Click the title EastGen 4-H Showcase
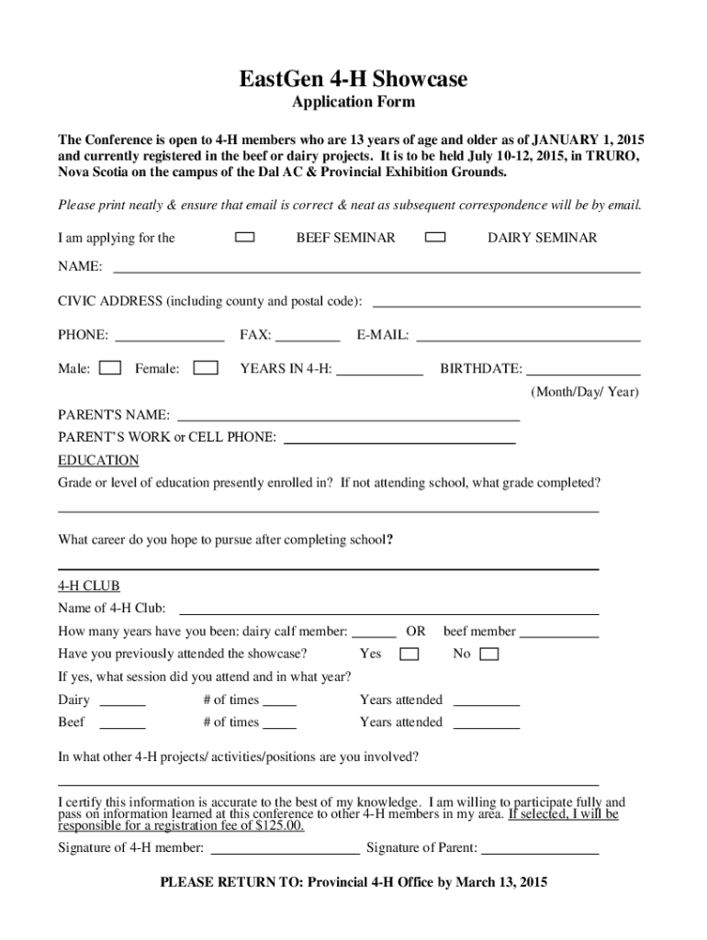pyautogui.click(x=353, y=80)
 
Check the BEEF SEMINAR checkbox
pyautogui.click(x=245, y=238)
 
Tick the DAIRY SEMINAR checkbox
pyautogui.click(x=436, y=238)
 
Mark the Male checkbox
pyautogui.click(x=110, y=369)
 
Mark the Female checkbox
pyautogui.click(x=207, y=369)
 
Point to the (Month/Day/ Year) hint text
pyautogui.click(x=585, y=392)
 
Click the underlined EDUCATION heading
pyautogui.click(x=98, y=460)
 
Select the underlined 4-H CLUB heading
pyautogui.click(x=89, y=586)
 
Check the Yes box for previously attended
pyautogui.click(x=409, y=655)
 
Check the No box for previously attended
pyautogui.click(x=490, y=655)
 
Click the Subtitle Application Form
pyautogui.click(x=353, y=102)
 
